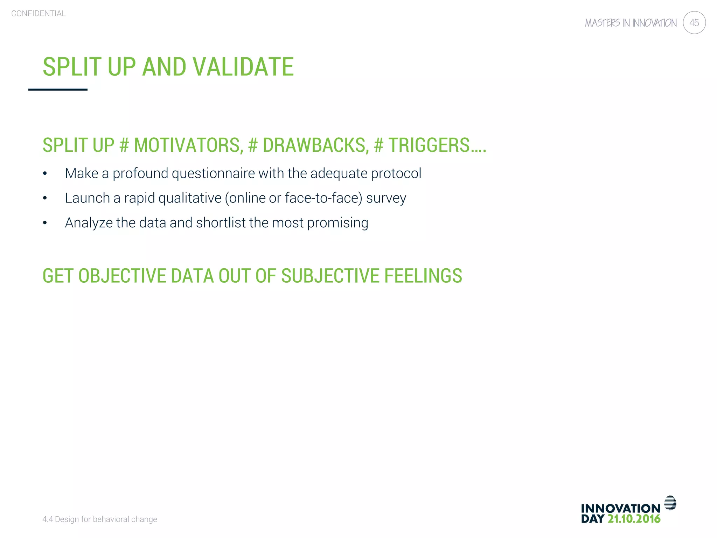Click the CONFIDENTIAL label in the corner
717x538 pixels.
coord(39,13)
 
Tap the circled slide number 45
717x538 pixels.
coord(694,23)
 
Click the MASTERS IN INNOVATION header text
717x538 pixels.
coord(631,23)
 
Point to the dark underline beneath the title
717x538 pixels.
coord(58,90)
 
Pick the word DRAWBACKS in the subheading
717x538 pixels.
coord(315,145)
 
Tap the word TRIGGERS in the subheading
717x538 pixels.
coord(429,145)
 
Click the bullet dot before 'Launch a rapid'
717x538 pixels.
coord(45,198)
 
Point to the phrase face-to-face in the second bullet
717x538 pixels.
coord(323,198)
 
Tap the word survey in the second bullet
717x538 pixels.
coord(386,198)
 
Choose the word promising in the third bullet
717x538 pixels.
coord(337,223)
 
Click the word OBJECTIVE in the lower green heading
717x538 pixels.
coord(122,276)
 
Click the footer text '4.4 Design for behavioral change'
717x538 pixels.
coord(99,519)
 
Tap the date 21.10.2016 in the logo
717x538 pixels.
coord(634,519)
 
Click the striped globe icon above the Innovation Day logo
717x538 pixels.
coord(670,503)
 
